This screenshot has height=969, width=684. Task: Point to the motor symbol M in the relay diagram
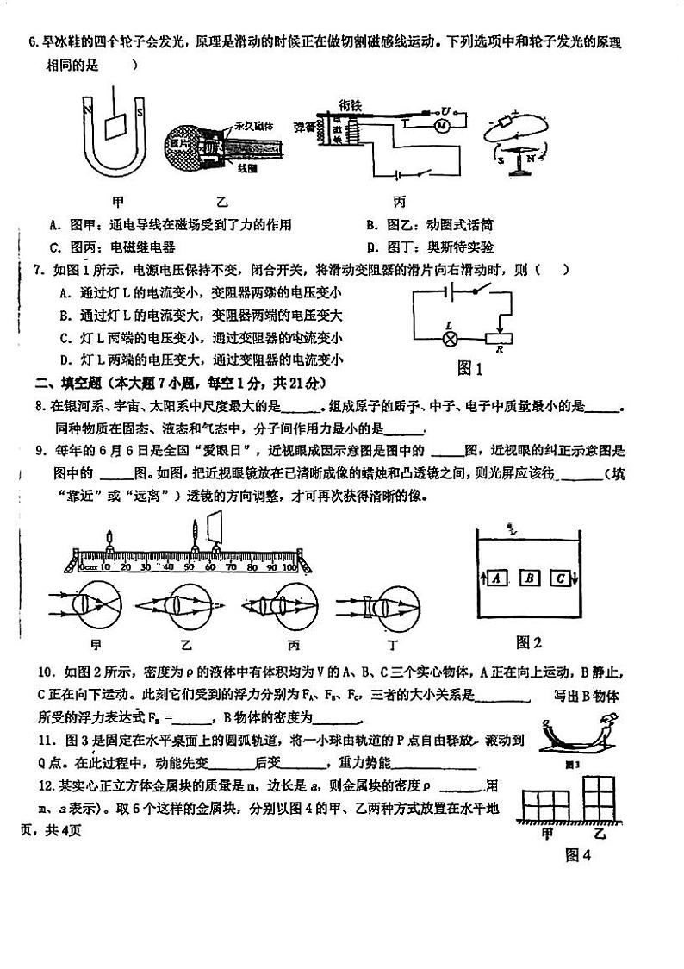[442, 125]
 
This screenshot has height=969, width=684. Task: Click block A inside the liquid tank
[496, 578]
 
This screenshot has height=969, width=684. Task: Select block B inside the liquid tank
[532, 578]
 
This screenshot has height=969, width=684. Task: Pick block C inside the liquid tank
[562, 578]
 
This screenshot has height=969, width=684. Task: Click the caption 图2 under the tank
[528, 641]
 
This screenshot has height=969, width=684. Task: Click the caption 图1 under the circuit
[469, 368]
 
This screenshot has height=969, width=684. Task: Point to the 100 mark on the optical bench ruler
[289, 567]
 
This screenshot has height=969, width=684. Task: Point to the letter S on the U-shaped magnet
[140, 109]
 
